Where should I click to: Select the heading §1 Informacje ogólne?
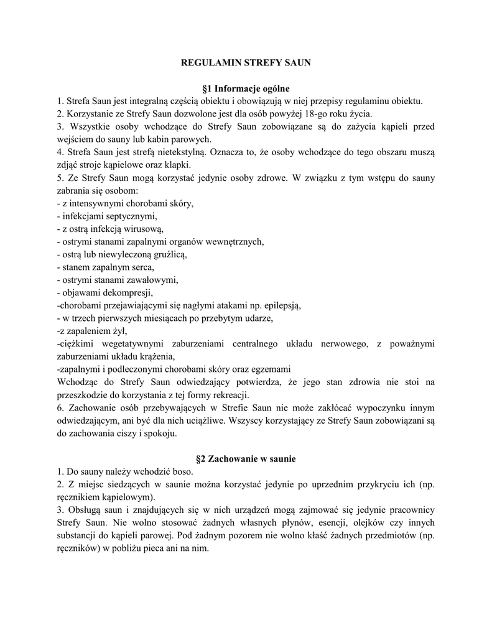pyautogui.click(x=246, y=88)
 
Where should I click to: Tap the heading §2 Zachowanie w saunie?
pyautogui.click(x=246, y=459)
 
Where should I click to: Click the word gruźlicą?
pyautogui.click(x=167, y=254)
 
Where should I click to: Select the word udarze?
pyautogui.click(x=257, y=318)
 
